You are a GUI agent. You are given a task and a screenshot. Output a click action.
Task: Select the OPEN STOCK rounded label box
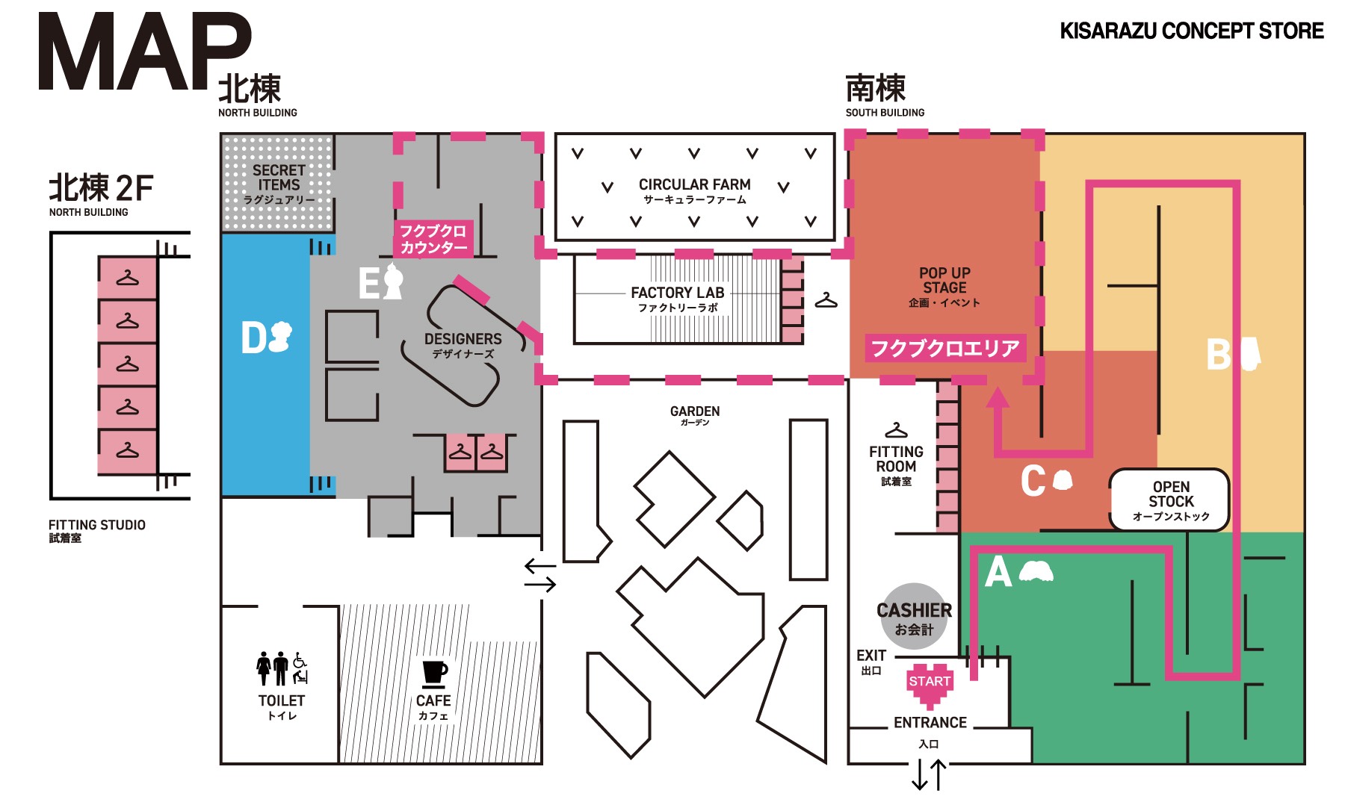(x=1170, y=500)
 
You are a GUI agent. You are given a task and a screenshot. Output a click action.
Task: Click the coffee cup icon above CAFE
(x=434, y=673)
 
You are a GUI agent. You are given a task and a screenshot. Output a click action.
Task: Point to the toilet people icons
(x=282, y=668)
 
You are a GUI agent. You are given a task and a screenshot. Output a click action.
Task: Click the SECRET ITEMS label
(x=279, y=183)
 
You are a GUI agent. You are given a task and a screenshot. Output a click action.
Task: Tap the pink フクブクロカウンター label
(x=433, y=239)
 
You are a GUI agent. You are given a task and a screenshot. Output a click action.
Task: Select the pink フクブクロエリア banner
(x=945, y=348)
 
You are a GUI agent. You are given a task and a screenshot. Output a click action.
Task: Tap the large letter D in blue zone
(x=253, y=338)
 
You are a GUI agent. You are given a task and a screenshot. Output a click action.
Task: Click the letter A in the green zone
(x=998, y=573)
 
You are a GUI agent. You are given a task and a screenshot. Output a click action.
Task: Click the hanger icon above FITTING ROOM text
(x=896, y=431)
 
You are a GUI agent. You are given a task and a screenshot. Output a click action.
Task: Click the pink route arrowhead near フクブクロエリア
(x=998, y=397)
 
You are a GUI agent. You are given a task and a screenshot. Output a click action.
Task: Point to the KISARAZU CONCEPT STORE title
(x=1191, y=31)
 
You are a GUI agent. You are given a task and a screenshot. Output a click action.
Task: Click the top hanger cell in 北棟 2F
(x=128, y=279)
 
